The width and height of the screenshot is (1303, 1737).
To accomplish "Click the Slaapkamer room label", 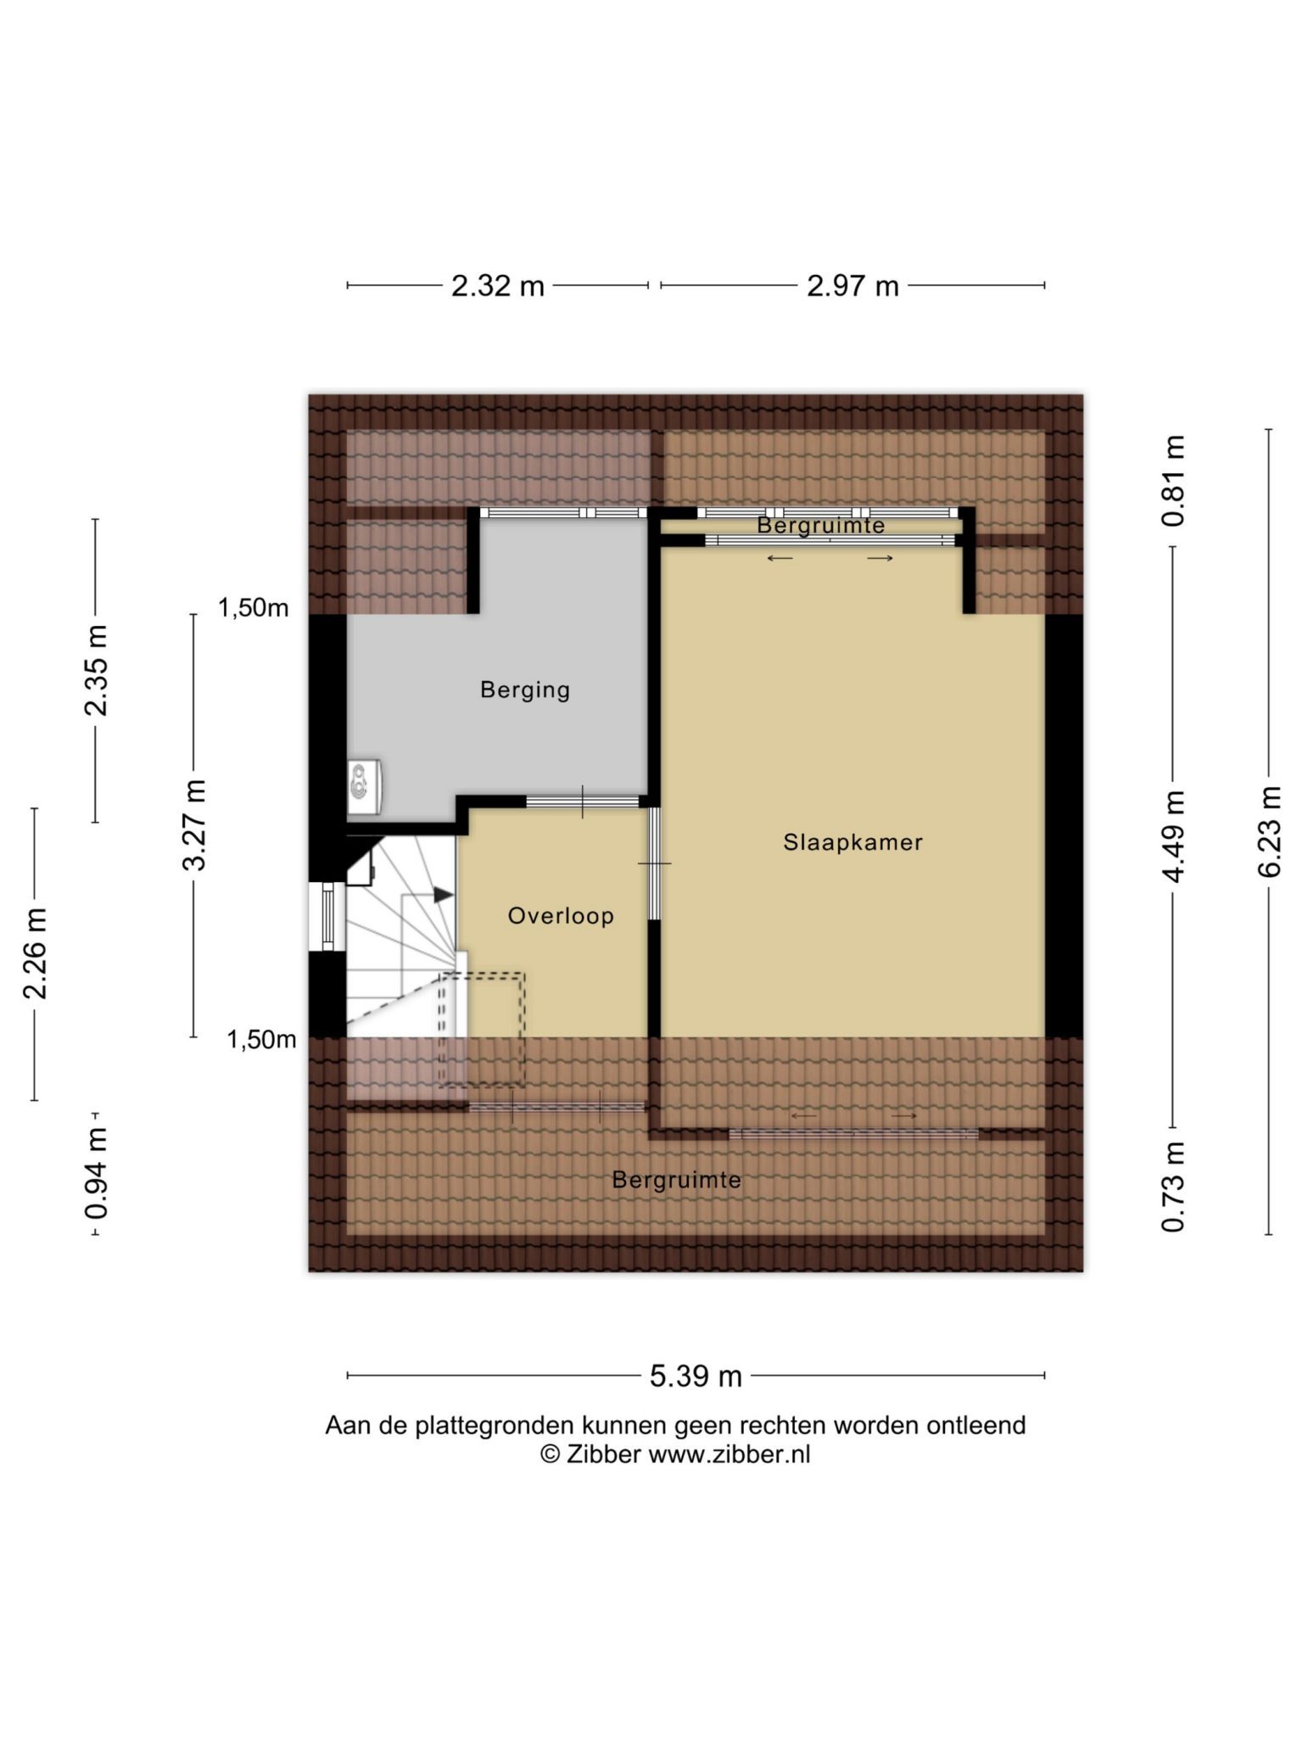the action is tap(853, 842).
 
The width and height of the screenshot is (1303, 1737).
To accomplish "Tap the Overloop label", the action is tap(561, 916).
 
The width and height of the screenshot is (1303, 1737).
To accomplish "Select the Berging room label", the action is tap(525, 690).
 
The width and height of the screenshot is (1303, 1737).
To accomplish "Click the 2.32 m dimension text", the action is tap(498, 286).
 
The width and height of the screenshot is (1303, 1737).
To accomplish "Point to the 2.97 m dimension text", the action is tap(853, 286).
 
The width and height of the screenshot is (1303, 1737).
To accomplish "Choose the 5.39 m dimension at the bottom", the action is tap(696, 1376).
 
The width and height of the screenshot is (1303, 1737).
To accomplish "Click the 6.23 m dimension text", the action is tap(1269, 831).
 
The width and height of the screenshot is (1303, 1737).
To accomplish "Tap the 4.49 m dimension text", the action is tap(1173, 836).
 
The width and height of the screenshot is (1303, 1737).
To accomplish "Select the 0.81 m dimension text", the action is tap(1173, 481).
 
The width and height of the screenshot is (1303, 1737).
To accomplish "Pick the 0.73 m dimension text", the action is tap(1173, 1186).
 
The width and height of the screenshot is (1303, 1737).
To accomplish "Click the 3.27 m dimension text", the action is tap(194, 825).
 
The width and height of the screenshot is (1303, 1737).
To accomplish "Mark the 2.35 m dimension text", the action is tap(96, 670).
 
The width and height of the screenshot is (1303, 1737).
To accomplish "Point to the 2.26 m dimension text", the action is tap(35, 952).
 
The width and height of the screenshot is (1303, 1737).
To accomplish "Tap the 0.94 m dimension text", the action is tap(96, 1173).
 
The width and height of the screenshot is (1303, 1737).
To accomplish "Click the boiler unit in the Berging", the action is tap(364, 786).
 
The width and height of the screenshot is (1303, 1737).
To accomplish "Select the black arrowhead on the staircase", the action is tap(443, 895).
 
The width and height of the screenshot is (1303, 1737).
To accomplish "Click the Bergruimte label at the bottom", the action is tap(677, 1180).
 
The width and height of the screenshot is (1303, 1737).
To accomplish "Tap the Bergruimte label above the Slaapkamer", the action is tap(821, 525).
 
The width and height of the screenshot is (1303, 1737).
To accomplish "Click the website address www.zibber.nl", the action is tap(730, 1455).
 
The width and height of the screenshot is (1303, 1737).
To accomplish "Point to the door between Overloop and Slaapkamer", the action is tap(655, 863).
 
